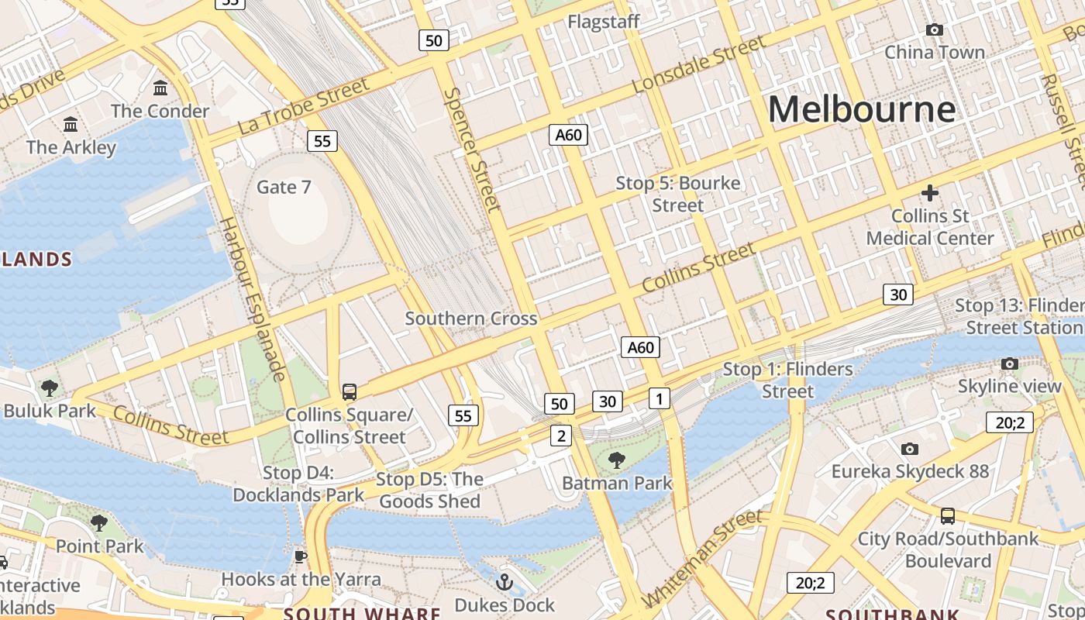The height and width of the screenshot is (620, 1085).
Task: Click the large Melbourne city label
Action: tap(861, 108)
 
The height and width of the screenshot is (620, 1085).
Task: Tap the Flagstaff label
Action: tap(604, 22)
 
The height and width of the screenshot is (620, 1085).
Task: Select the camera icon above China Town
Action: tap(935, 30)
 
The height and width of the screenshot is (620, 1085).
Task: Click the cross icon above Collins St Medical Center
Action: tap(930, 193)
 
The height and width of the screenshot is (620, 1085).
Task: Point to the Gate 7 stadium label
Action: tap(284, 187)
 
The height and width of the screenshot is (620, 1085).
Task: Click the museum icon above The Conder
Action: tap(160, 88)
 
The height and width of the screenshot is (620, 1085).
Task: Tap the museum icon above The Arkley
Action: tap(71, 125)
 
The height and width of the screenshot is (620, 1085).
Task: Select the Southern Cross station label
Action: tap(470, 319)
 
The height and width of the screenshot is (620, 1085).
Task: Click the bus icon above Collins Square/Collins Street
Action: tap(350, 392)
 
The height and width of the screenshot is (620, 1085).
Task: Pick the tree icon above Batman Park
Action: tap(617, 461)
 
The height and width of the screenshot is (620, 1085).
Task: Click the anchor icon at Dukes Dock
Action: tap(505, 581)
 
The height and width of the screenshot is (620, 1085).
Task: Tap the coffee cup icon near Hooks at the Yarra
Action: tap(301, 556)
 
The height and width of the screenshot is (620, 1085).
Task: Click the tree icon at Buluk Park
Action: tap(50, 387)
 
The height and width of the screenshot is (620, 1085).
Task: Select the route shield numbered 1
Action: tap(659, 398)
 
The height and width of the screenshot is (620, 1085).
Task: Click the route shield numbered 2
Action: tap(561, 436)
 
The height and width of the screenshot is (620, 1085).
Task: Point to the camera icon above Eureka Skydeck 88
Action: tap(910, 449)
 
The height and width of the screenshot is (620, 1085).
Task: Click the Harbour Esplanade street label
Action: tap(253, 298)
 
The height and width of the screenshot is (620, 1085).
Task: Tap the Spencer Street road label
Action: tap(472, 150)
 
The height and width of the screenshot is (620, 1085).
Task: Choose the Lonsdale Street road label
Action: tap(698, 65)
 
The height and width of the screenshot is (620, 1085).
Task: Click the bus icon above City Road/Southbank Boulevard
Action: tap(947, 516)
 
